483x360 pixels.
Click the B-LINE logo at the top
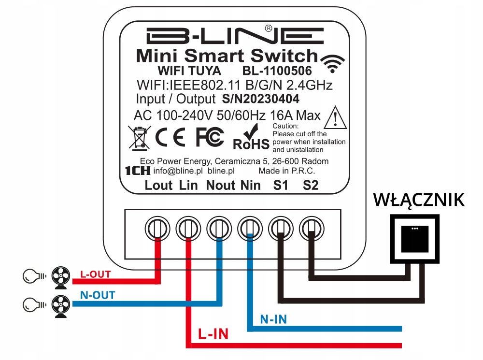tap(235, 36)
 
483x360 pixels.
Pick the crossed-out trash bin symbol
tap(139, 137)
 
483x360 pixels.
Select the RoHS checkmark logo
tap(251, 137)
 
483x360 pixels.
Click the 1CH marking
tap(137, 171)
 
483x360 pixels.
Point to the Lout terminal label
tap(158, 185)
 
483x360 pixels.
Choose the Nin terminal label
tap(250, 185)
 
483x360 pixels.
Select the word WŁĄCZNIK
tap(418, 199)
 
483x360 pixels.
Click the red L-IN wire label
tap(213, 333)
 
